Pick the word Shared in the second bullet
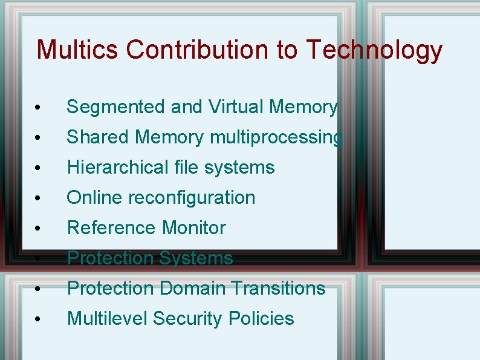pyautogui.click(x=98, y=137)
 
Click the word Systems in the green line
pyautogui.click(x=196, y=259)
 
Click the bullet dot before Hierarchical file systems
pyautogui.click(x=37, y=169)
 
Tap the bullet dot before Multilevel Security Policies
pyautogui.click(x=37, y=320)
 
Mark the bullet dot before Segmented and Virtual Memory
pyautogui.click(x=37, y=108)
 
